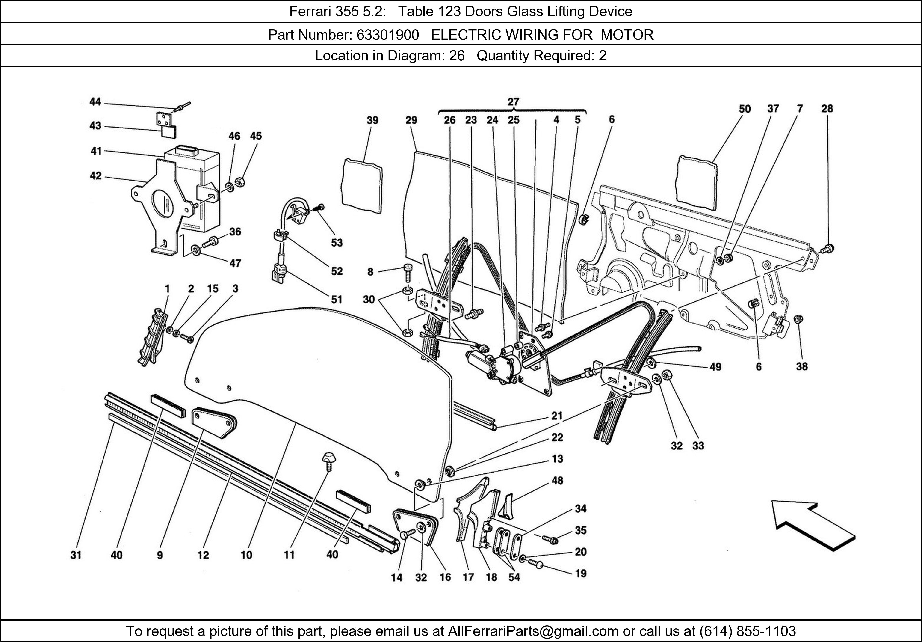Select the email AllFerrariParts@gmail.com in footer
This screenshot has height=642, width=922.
(533, 631)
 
